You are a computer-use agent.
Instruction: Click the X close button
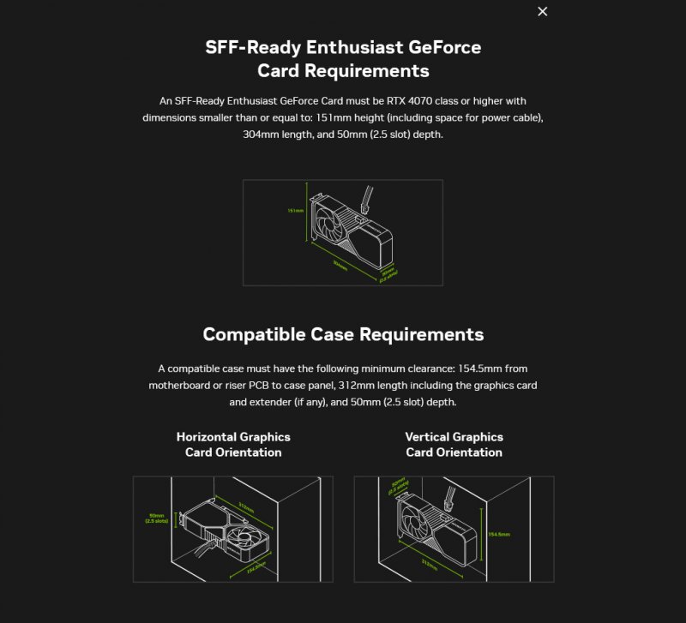pyautogui.click(x=542, y=11)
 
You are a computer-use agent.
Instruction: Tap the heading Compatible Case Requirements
pyautogui.click(x=343, y=334)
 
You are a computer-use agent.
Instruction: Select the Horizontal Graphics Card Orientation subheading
pyautogui.click(x=233, y=444)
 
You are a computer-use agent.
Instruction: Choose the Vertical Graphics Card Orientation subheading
pyautogui.click(x=454, y=444)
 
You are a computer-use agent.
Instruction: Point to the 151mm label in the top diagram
pyautogui.click(x=295, y=210)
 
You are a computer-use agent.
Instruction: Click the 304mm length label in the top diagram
pyautogui.click(x=340, y=266)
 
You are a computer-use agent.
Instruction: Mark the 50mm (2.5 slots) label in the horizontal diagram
pyautogui.click(x=157, y=518)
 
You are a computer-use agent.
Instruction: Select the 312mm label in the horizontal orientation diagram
pyautogui.click(x=246, y=508)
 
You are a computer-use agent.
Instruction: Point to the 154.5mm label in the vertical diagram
pyautogui.click(x=498, y=533)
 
